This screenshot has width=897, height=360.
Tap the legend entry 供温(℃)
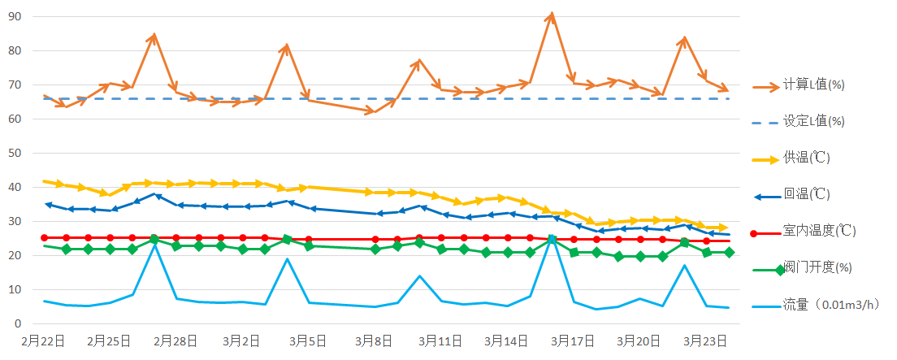coord(806,158)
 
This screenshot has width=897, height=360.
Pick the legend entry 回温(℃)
coord(806,194)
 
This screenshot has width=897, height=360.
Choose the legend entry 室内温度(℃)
coord(817,231)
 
